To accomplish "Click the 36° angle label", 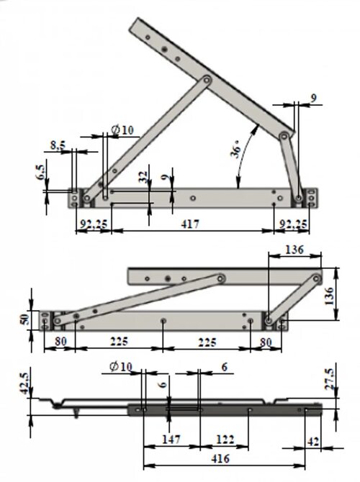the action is (x=237, y=150).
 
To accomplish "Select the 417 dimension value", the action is (x=190, y=224).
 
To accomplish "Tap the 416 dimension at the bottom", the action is (x=220, y=459).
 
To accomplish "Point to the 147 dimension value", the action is (x=171, y=440).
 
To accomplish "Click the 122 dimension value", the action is (x=225, y=440).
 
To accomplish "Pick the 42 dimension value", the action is (x=313, y=442).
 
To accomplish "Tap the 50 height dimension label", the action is (x=25, y=319).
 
